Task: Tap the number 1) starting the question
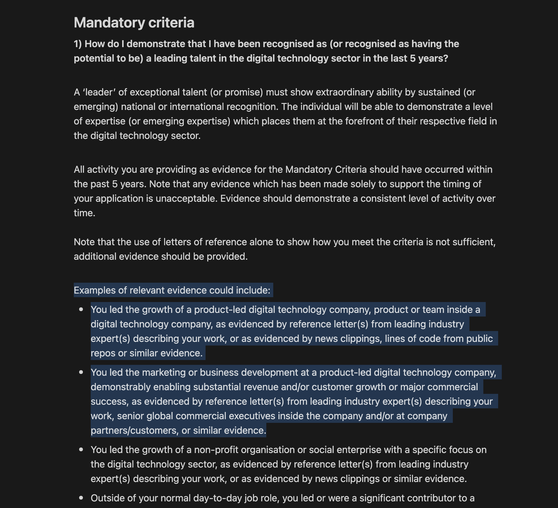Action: pos(78,44)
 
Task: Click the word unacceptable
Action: pos(186,199)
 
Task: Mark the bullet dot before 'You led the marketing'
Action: pos(81,372)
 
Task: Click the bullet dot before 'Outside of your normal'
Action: pos(81,498)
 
